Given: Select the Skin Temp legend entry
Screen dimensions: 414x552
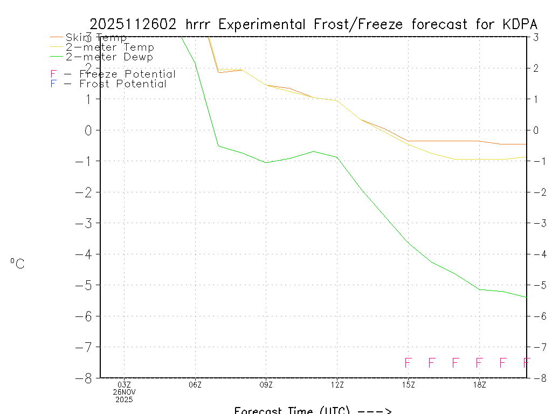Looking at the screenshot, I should click(96, 38).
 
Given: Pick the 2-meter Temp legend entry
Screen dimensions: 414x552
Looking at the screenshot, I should click(109, 47).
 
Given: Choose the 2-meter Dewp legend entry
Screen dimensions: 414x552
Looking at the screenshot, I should click(109, 57).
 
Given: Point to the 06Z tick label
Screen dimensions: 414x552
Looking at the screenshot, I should click(195, 385).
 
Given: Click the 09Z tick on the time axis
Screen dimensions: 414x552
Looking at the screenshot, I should click(266, 385).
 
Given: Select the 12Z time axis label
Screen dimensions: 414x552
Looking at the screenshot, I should click(337, 385).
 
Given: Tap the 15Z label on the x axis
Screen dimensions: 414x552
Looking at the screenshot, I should click(408, 385).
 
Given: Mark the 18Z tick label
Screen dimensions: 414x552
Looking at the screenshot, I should click(479, 385).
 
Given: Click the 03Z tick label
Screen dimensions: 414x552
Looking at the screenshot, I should click(124, 385).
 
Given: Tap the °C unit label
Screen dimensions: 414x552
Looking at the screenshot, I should click(17, 264).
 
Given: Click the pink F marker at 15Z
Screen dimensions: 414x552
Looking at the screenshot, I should click(408, 363).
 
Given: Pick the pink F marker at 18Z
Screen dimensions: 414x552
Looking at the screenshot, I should click(479, 363).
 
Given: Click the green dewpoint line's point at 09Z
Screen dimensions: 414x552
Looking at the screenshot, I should click(266, 162).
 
